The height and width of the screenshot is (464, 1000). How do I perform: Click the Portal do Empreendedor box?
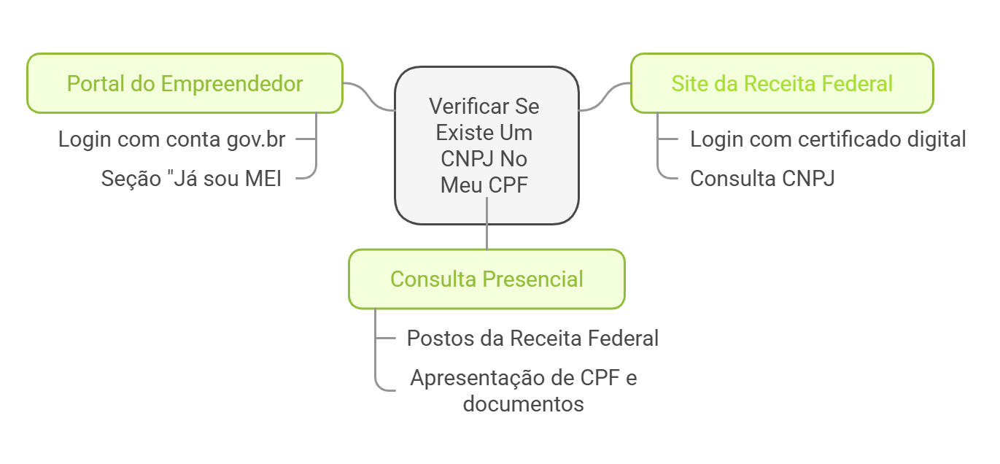(185, 83)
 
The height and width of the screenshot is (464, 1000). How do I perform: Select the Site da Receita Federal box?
(782, 83)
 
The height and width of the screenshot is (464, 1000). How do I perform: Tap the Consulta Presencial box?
(487, 279)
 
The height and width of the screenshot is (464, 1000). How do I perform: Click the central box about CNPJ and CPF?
(487, 145)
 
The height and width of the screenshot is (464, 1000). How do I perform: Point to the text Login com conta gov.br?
(171, 139)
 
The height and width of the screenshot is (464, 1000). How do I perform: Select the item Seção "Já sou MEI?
(191, 178)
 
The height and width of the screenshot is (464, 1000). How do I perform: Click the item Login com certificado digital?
(828, 139)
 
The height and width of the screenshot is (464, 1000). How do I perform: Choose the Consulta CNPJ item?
(762, 178)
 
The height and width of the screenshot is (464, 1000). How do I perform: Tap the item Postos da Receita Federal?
(532, 339)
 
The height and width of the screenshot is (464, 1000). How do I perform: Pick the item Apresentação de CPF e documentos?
(523, 390)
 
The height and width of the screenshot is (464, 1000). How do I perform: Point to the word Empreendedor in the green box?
(231, 83)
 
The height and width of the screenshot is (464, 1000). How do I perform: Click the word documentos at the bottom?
(523, 403)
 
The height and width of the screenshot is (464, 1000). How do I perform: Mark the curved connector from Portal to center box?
(368, 96)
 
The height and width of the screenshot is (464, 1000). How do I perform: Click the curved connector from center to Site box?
(605, 96)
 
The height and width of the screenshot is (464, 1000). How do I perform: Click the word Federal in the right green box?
(858, 83)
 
